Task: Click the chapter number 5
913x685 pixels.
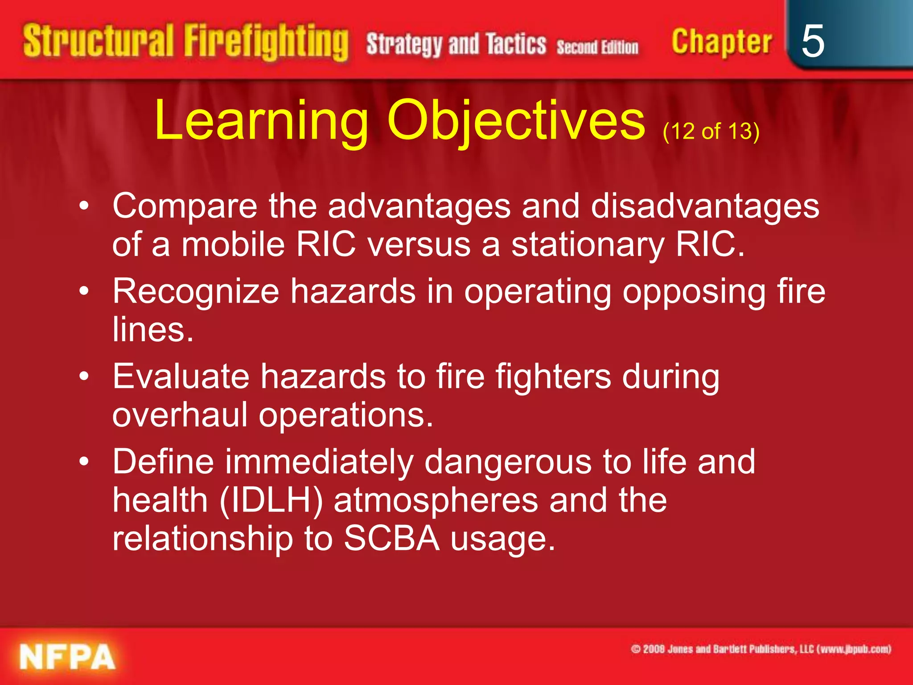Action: point(812,41)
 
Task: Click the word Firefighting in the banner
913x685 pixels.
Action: point(266,42)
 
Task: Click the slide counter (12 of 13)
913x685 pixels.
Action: point(711,131)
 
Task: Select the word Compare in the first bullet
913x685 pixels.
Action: point(185,206)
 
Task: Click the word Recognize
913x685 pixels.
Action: point(196,292)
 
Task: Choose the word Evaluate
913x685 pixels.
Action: point(181,376)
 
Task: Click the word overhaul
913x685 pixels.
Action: point(180,415)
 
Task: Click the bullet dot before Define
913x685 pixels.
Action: point(84,462)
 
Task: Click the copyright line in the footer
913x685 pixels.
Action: point(761,649)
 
